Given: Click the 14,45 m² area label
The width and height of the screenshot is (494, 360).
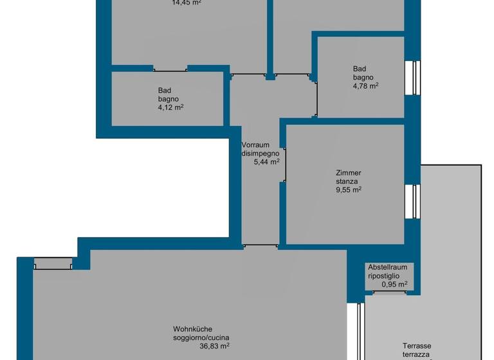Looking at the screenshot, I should [x=186, y=3].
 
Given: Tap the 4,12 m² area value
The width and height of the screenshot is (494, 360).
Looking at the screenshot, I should [x=171, y=108].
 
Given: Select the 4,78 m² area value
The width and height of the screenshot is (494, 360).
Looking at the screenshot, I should [x=365, y=85].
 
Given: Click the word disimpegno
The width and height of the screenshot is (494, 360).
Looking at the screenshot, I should [x=260, y=153].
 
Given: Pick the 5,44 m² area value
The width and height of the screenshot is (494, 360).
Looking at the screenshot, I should [x=267, y=162].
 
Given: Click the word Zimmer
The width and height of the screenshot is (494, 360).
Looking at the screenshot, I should [x=348, y=173].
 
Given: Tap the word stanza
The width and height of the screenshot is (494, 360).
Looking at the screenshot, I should [x=348, y=181].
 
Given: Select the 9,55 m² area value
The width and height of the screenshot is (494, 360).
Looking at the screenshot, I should [x=348, y=190].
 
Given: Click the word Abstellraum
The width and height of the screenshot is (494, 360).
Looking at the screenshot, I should [x=388, y=267].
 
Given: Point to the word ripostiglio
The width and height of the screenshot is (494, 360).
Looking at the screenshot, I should [x=384, y=276].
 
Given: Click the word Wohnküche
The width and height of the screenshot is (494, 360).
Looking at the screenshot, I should [x=192, y=328].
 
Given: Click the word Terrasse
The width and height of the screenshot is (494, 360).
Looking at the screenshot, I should [x=417, y=345].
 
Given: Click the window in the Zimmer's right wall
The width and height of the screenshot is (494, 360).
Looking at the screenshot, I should [x=417, y=201].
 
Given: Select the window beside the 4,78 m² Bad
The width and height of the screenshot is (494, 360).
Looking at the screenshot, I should [x=417, y=78].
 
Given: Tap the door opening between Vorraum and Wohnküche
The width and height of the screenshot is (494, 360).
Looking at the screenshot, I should [x=260, y=246].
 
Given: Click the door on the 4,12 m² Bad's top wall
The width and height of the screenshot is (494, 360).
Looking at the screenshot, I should [x=170, y=69].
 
